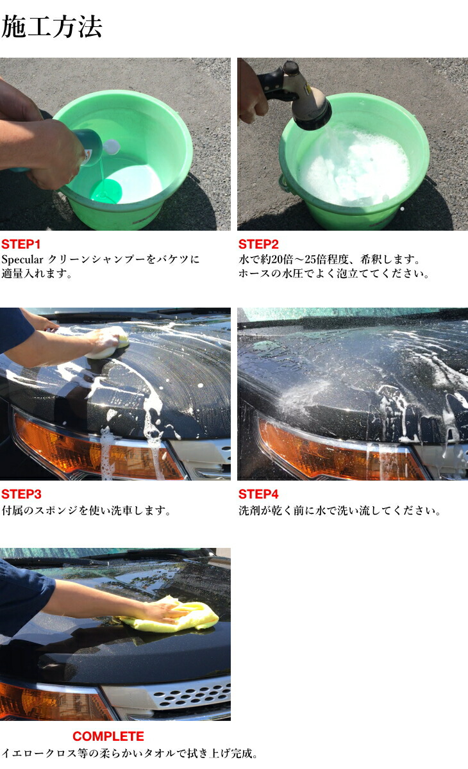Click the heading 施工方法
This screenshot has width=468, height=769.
(x=51, y=28)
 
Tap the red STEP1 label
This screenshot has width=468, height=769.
(x=21, y=244)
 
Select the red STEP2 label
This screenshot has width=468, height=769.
(x=258, y=244)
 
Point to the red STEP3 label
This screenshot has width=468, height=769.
(x=21, y=494)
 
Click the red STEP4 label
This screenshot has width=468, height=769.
(x=258, y=494)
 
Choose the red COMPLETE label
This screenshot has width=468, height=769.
(x=108, y=736)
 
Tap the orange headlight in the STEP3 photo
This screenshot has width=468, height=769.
(x=96, y=452)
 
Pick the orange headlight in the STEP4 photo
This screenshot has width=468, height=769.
(x=333, y=452)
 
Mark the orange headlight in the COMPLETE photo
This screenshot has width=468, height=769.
(x=51, y=702)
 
